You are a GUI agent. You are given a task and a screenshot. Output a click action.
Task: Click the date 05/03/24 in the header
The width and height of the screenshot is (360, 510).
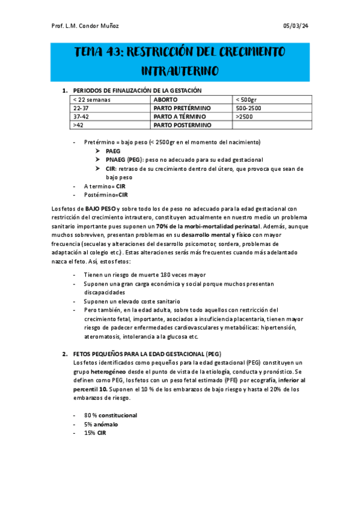(x=296, y=25)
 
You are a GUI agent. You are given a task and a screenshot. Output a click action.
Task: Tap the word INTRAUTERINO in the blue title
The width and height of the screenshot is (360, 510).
(x=180, y=71)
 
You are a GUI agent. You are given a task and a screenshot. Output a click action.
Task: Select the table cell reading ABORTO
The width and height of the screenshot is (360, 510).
(x=165, y=100)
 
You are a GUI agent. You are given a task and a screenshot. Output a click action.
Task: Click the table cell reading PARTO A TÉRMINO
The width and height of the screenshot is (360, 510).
(x=179, y=116)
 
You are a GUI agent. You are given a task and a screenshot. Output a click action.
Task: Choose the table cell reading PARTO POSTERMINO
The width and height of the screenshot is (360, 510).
(x=183, y=124)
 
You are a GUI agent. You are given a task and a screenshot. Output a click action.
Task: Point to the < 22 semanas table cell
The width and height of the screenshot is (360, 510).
(x=92, y=100)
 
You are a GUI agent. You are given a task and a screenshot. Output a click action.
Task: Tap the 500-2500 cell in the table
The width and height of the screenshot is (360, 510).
(x=249, y=108)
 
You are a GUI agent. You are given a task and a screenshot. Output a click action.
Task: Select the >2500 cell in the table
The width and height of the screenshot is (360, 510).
(x=244, y=116)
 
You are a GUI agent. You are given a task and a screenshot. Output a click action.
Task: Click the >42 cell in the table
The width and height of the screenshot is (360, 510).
(x=78, y=124)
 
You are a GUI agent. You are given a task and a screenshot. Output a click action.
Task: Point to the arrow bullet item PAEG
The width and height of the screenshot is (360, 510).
(x=113, y=151)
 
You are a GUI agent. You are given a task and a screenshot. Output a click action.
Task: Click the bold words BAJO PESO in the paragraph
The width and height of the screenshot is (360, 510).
(x=100, y=208)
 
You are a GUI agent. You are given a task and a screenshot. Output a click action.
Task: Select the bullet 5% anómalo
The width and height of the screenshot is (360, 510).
(x=101, y=424)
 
